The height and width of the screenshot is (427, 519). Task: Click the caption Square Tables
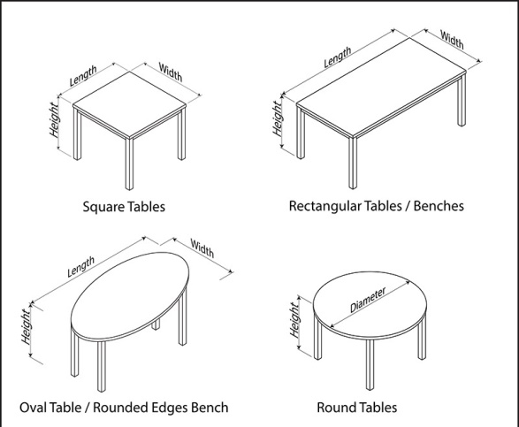(124, 208)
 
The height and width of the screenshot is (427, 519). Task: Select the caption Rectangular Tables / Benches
(376, 207)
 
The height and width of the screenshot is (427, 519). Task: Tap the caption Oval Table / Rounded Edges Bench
(124, 408)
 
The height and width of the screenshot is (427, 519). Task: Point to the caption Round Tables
(356, 408)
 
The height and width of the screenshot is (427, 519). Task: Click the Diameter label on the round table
(368, 301)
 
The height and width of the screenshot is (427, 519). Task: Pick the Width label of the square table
(171, 72)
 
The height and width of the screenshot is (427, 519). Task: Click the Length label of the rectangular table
(338, 57)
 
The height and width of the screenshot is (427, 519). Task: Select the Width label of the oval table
(202, 250)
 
